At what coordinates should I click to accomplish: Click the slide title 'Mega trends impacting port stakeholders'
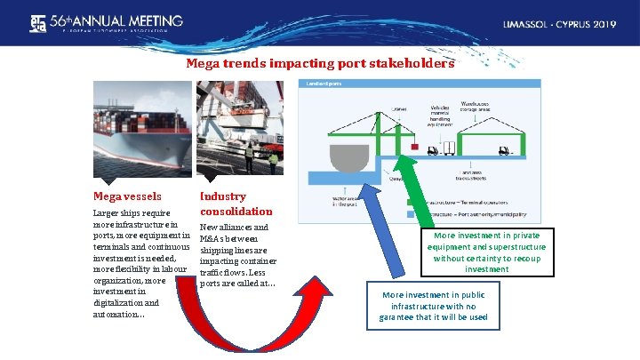click(x=320, y=64)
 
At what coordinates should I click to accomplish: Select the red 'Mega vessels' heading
click(x=127, y=196)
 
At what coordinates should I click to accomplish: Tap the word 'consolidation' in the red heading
click(x=236, y=212)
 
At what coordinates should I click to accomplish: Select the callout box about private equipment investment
click(x=487, y=252)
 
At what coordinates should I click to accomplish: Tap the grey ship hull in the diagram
click(x=348, y=158)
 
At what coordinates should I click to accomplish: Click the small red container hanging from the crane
click(x=413, y=144)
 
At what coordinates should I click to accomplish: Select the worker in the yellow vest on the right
click(x=274, y=161)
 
